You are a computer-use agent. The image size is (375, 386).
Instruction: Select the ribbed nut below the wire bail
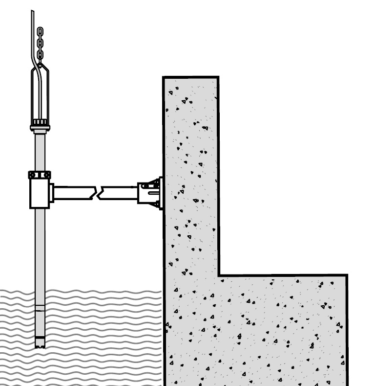(x=40, y=121)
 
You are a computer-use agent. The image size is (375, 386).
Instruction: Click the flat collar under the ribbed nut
(x=40, y=128)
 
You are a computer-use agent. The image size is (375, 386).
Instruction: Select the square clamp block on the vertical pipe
(x=39, y=194)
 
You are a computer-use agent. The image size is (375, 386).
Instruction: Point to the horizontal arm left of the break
(x=73, y=193)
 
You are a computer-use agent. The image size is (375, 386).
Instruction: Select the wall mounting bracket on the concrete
(x=150, y=193)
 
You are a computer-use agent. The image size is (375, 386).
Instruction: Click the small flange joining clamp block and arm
(x=51, y=193)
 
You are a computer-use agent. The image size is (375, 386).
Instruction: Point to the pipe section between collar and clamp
(x=40, y=149)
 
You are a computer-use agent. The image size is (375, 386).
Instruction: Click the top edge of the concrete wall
(x=190, y=77)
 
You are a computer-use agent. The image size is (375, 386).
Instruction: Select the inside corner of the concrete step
(x=219, y=275)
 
